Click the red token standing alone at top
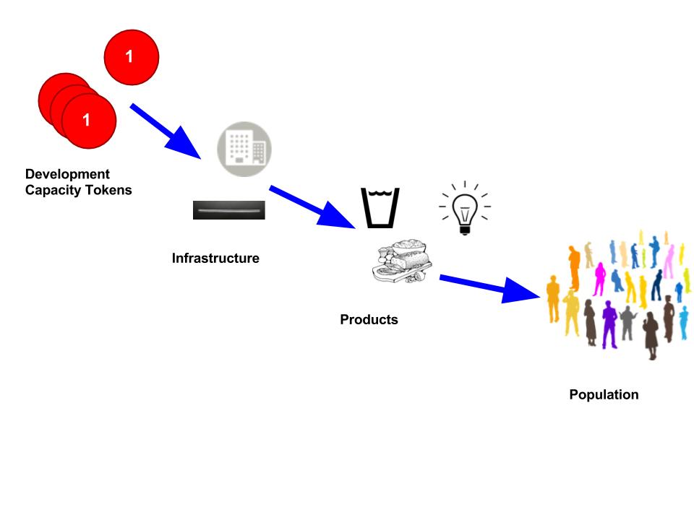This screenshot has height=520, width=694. pyautogui.click(x=132, y=56)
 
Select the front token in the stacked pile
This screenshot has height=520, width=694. pyautogui.click(x=88, y=121)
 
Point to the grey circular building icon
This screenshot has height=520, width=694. pyautogui.click(x=244, y=149)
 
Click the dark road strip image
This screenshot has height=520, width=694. pyautogui.click(x=228, y=210)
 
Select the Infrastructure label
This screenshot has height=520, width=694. pyautogui.click(x=215, y=258)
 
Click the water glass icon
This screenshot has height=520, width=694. pyautogui.click(x=380, y=207)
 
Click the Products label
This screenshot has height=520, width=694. pyautogui.click(x=369, y=319)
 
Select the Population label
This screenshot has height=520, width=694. pyautogui.click(x=604, y=395)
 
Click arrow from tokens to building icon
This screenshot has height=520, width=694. pyautogui.click(x=167, y=131)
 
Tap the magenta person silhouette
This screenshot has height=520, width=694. pyautogui.click(x=599, y=278)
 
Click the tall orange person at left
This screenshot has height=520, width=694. pyautogui.click(x=574, y=264)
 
